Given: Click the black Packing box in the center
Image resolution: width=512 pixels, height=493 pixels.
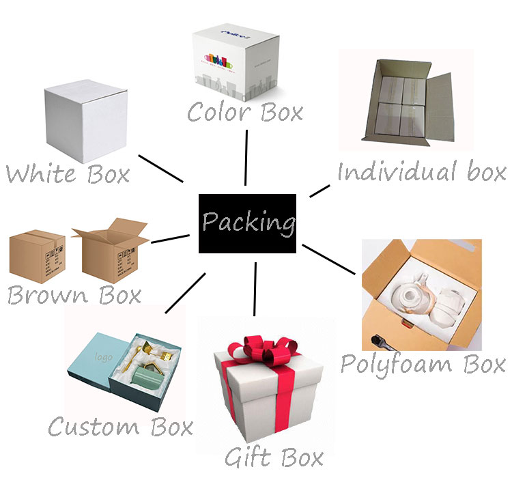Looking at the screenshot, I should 247,223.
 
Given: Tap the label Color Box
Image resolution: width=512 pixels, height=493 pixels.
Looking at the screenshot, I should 245,111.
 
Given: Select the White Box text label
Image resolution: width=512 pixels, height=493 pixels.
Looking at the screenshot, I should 67,173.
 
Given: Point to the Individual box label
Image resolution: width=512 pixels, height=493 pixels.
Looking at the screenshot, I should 421,171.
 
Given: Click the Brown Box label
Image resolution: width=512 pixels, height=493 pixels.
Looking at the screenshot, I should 74,295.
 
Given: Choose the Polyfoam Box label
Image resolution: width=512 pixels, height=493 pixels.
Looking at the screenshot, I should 423,363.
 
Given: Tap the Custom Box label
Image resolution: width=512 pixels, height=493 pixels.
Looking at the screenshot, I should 120,427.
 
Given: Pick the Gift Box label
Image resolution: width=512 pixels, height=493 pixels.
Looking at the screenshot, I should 274,455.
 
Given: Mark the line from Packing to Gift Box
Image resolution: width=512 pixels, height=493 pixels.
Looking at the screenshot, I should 255,288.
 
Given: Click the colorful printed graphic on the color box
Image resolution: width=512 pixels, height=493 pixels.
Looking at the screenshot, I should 217,60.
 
